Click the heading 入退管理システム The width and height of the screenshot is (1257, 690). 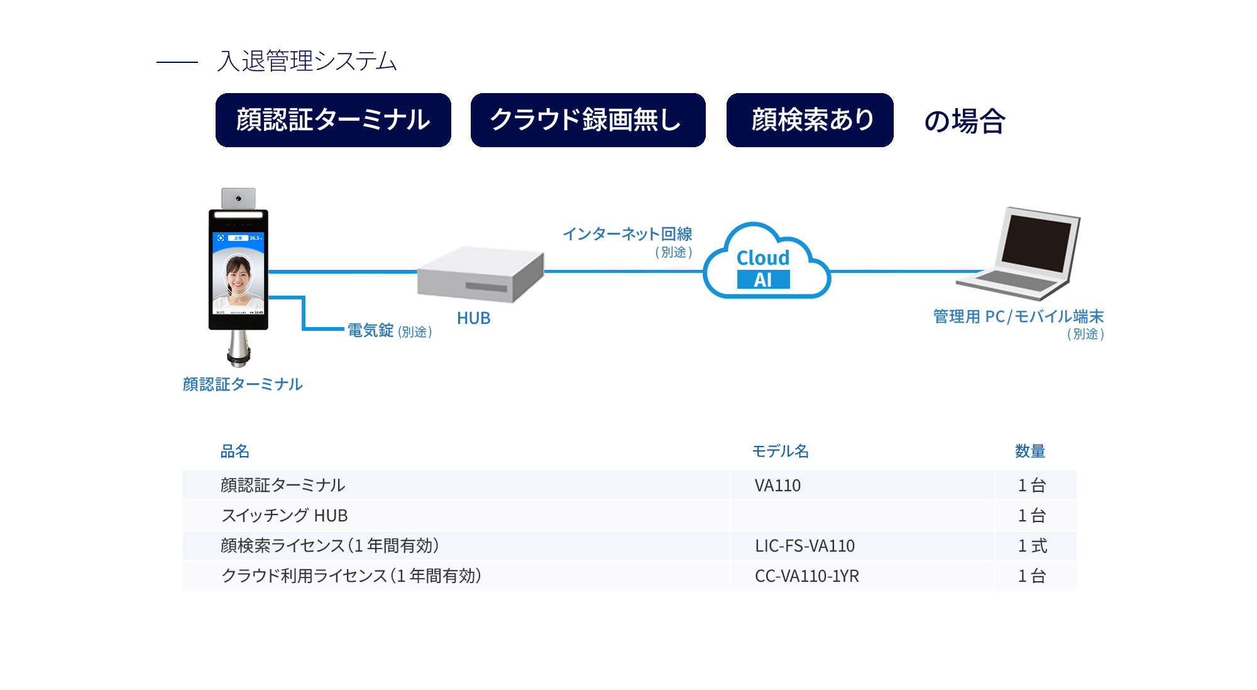pos(307,61)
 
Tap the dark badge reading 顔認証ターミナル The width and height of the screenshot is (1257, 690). pos(333,120)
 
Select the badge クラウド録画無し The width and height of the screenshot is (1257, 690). pos(588,120)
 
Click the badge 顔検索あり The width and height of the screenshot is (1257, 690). pos(810,120)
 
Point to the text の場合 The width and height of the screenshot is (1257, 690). pos(964,121)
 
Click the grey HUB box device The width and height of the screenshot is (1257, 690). pos(480,274)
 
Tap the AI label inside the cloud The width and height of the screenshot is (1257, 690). pos(763,280)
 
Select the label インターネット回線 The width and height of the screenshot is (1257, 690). pos(627,234)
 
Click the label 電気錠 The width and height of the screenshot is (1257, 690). pos(371,330)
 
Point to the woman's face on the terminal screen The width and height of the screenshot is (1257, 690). pos(238,274)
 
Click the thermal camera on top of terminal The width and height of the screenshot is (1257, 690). pos(238,198)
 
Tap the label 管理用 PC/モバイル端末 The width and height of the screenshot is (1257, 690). pos(1018,316)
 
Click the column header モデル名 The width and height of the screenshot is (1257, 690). pos(780,451)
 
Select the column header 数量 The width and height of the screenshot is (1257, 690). pos(1029,451)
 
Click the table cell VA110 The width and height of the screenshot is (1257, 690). pos(777,486)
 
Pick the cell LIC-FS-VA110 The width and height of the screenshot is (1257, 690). pos(804,546)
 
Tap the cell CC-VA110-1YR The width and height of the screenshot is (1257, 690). pos(806,576)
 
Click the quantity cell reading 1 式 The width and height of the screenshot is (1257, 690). pos(1032,546)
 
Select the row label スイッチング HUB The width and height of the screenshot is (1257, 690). pos(284,516)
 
